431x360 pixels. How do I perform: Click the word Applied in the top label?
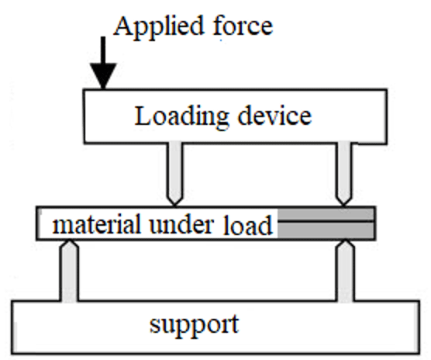point(159,27)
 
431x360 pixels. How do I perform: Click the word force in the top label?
point(243,26)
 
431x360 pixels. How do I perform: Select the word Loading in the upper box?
point(181,117)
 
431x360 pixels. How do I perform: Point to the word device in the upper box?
point(274,116)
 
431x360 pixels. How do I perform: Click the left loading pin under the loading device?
point(175,173)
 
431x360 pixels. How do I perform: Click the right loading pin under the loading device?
point(344,173)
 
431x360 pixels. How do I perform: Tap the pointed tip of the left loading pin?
point(175,205)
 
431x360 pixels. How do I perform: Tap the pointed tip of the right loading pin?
point(343,205)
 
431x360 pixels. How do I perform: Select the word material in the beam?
point(96,224)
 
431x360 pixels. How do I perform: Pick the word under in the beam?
point(181,224)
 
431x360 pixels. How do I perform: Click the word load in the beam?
point(247,224)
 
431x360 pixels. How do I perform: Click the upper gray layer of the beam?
point(326,214)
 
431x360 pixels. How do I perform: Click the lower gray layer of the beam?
point(326,230)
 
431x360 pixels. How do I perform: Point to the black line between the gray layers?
point(326,221)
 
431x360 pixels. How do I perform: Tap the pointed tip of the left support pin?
point(70,241)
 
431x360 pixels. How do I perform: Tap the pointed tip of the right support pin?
point(346,241)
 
